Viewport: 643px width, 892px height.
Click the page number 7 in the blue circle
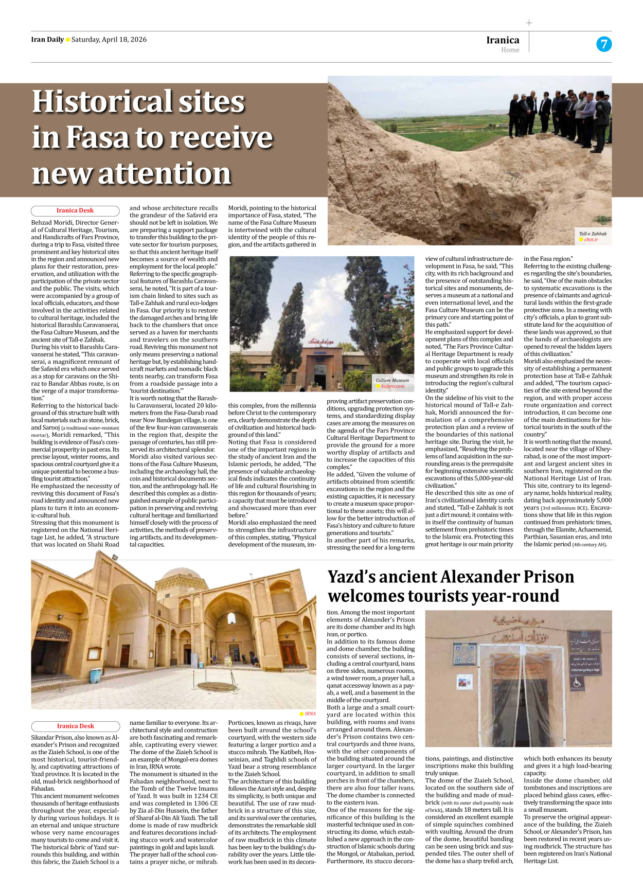point(604,44)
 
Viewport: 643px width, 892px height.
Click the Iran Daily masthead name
point(47,40)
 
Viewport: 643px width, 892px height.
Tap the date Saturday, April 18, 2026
point(109,40)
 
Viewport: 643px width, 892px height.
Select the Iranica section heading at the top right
point(503,40)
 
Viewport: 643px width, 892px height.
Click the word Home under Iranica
point(510,50)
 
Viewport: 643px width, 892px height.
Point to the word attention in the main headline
point(165,173)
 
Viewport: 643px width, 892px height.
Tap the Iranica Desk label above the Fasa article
point(75,210)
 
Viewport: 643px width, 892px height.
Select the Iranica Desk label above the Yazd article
point(75,726)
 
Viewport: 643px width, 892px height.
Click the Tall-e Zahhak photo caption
point(593,234)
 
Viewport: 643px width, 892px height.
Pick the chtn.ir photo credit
point(591,240)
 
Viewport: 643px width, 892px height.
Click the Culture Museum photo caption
point(392,380)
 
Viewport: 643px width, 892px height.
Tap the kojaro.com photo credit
point(392,386)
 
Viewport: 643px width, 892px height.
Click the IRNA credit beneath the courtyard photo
point(310,713)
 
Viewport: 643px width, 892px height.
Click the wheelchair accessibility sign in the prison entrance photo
point(577,683)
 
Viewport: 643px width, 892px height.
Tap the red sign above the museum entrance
point(322,341)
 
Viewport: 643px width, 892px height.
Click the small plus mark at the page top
point(529,23)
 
